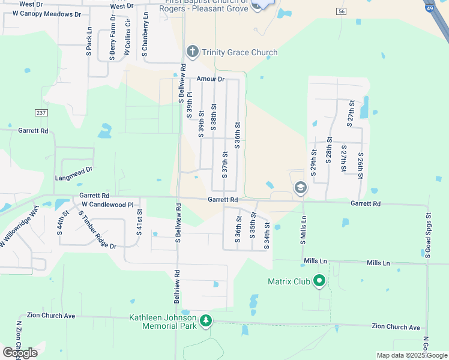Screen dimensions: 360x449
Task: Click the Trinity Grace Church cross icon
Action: coord(192,52)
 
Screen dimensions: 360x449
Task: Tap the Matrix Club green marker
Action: coord(319,280)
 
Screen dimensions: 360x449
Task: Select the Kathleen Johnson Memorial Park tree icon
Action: coord(206,320)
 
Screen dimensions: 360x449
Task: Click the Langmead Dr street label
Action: coord(74,170)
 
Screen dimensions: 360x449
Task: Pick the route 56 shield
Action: coord(341,11)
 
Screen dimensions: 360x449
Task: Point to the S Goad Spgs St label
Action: coord(429,235)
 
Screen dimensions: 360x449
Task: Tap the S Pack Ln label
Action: coord(89,41)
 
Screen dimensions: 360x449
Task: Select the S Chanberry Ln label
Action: coord(145,37)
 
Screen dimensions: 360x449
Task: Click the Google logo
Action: coord(20,352)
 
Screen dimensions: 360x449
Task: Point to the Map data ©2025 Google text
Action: coord(411,355)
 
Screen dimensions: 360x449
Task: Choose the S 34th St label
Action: coord(267,236)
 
